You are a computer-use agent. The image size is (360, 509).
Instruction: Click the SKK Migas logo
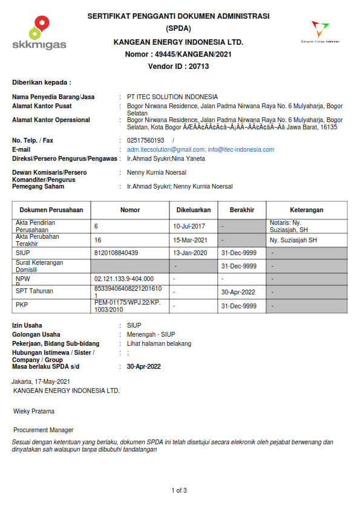(x=39, y=34)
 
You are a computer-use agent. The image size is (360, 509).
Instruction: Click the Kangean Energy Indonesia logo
(x=320, y=31)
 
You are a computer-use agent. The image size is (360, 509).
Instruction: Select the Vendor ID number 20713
(x=198, y=66)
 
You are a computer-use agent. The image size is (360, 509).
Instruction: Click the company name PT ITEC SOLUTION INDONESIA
(x=172, y=97)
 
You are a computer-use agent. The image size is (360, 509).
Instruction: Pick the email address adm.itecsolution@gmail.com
(x=166, y=149)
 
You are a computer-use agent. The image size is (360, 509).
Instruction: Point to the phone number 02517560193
(x=145, y=140)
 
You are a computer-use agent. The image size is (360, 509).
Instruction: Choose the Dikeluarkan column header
(x=193, y=210)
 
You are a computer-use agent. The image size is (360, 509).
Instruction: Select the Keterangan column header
(x=306, y=210)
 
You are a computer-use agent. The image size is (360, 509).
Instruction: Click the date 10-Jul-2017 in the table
(x=189, y=226)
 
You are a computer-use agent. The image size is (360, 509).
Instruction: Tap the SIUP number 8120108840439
(x=116, y=253)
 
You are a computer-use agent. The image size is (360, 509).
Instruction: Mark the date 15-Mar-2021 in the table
(x=190, y=240)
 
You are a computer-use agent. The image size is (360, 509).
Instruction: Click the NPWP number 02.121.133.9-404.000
(x=124, y=279)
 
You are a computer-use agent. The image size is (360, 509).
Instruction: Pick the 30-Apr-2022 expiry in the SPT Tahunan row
(x=238, y=292)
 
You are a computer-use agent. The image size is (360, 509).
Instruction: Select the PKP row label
(x=21, y=305)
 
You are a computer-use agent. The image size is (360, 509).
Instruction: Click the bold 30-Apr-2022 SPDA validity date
(x=143, y=367)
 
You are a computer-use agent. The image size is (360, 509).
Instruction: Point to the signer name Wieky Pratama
(x=34, y=411)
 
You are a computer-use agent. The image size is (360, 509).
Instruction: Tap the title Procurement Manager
(x=44, y=430)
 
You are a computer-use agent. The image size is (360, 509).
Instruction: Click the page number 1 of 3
(x=180, y=490)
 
